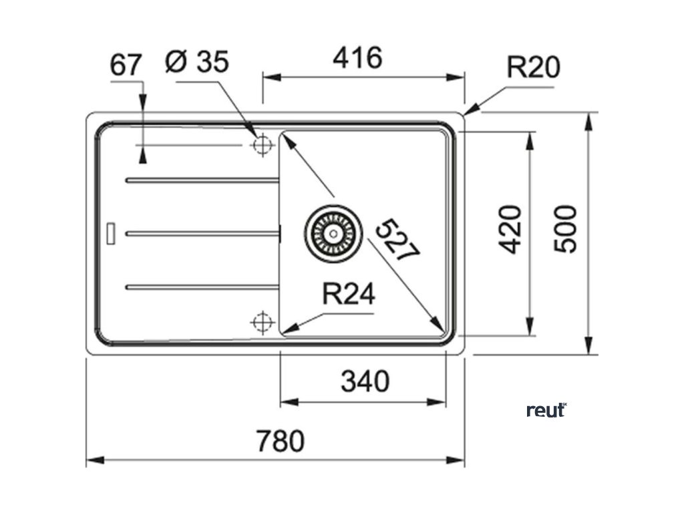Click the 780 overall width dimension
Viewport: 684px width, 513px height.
coord(280,442)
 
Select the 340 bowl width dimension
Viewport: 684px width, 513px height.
coord(365,382)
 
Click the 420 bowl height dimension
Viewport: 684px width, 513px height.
coord(510,229)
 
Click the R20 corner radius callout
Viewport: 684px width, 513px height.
coord(532,67)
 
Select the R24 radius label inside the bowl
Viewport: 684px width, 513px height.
coord(348,293)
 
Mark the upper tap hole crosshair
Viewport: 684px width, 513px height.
coord(262,144)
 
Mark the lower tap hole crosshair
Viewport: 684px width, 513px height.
coord(262,322)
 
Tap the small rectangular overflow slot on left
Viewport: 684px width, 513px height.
coord(112,232)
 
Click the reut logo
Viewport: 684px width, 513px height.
coord(546,410)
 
